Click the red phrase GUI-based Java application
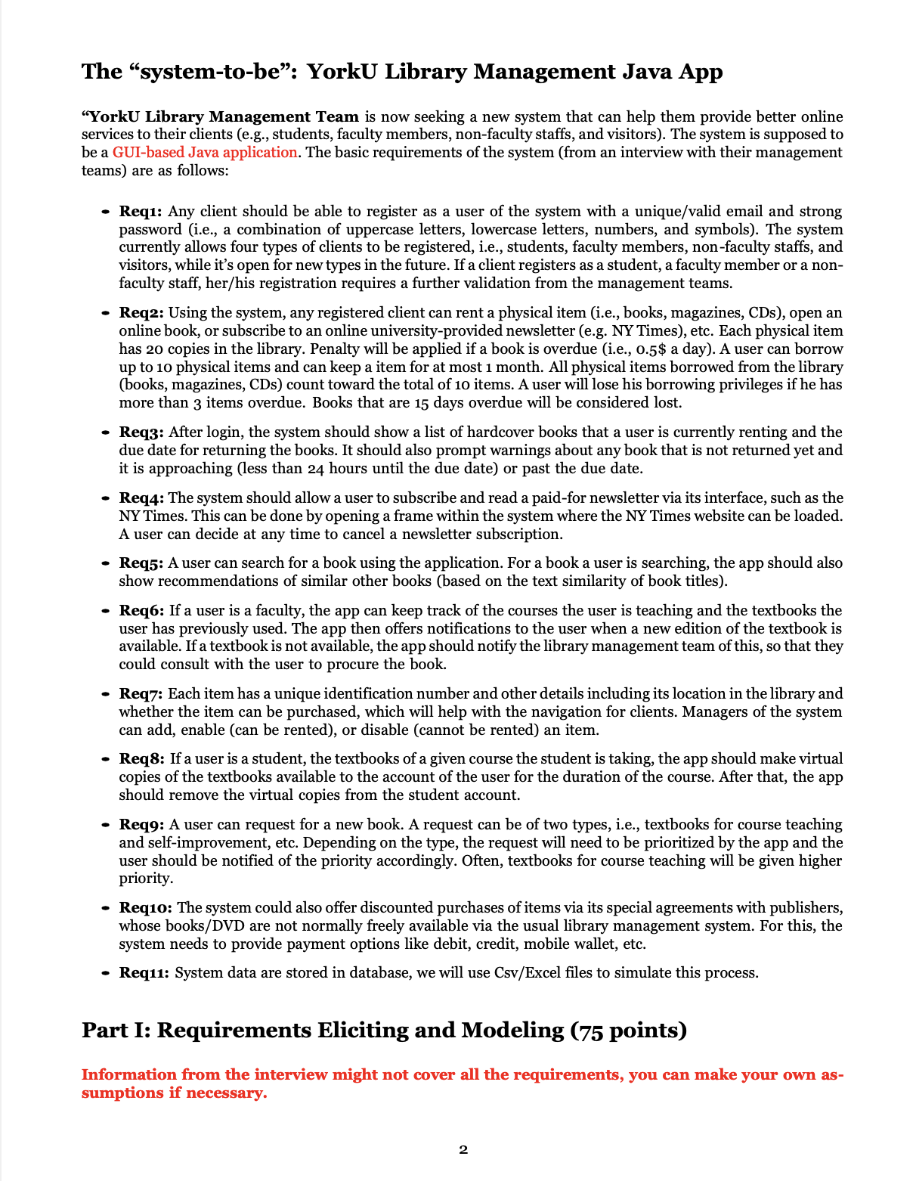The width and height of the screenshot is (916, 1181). click(205, 152)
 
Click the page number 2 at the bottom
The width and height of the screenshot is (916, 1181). click(463, 1150)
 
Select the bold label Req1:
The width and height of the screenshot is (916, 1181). click(141, 212)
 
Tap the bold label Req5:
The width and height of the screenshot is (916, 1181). click(141, 563)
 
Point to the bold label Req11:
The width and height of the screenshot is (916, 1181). click(144, 973)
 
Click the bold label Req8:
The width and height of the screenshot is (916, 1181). click(141, 759)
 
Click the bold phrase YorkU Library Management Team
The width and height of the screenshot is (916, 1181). click(224, 116)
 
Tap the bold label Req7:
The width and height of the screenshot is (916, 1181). click(141, 694)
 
